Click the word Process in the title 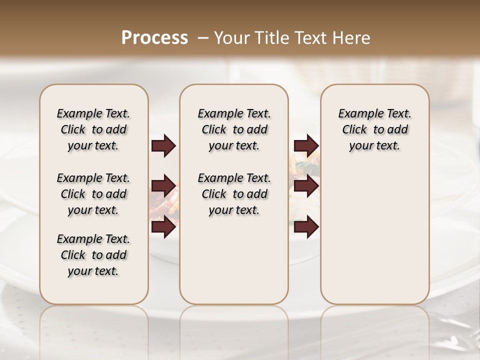[x=154, y=38]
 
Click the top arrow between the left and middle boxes [x=163, y=146]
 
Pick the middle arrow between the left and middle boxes [x=163, y=186]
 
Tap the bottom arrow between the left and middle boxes [x=163, y=227]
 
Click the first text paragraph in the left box [x=93, y=129]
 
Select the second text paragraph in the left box [x=93, y=194]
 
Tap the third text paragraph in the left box [x=93, y=255]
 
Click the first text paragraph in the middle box [x=234, y=129]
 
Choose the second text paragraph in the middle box [x=234, y=194]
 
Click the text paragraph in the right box [x=375, y=129]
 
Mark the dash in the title [x=202, y=38]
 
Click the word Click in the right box [x=355, y=130]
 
